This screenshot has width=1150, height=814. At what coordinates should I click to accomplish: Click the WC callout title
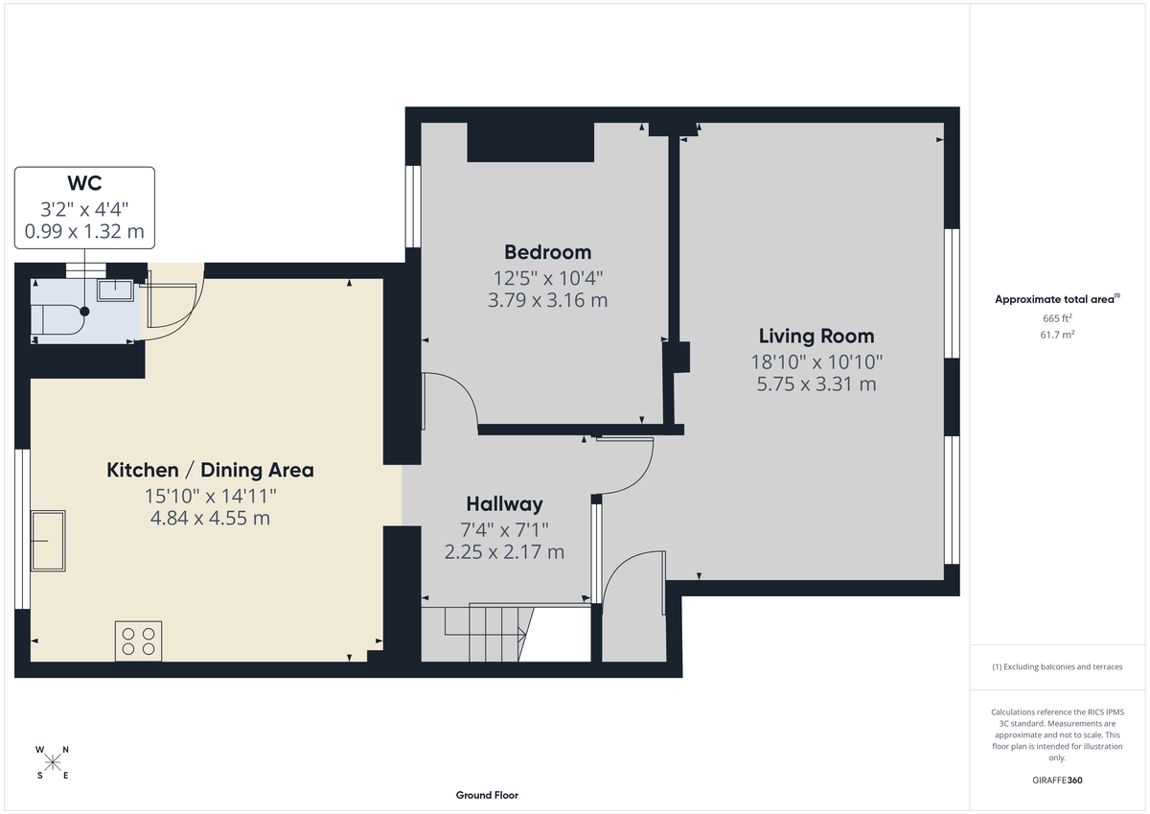84,183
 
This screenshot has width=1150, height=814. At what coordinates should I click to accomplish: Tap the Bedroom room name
547,252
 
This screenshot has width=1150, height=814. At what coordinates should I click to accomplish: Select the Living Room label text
816,336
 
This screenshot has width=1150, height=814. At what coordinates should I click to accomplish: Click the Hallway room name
504,503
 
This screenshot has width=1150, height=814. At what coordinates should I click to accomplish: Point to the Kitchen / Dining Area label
210,470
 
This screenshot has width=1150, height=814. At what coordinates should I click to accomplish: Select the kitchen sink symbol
49,541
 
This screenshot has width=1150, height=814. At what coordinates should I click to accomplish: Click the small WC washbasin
117,289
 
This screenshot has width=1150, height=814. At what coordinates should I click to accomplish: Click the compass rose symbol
53,762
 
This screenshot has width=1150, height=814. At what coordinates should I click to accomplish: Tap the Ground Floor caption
487,795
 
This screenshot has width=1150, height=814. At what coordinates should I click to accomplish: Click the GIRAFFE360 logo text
1057,780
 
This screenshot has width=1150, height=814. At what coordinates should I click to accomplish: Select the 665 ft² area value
1057,317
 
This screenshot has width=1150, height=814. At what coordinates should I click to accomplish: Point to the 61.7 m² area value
1057,334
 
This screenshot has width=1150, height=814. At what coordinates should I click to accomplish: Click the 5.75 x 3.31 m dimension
816,384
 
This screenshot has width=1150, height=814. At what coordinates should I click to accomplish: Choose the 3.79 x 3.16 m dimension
547,300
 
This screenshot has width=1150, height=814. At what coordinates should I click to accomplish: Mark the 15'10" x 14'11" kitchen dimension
210,496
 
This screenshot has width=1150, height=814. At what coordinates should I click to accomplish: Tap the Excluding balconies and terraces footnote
1057,666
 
